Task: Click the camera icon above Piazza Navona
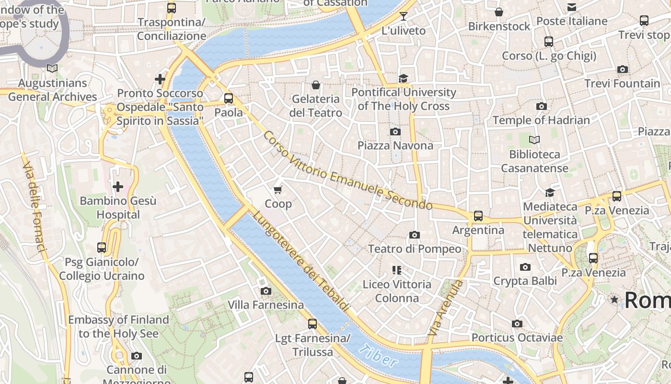395,132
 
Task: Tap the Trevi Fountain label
622,84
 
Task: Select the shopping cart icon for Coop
278,190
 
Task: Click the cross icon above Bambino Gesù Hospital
118,186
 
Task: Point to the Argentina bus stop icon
478,216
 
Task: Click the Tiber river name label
378,356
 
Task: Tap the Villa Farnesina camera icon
266,291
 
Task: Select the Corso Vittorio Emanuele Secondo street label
347,171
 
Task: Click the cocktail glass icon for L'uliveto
403,16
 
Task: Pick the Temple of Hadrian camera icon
541,106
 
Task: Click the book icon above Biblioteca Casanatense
534,140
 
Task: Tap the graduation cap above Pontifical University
404,78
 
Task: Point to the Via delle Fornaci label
35,206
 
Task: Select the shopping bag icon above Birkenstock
499,12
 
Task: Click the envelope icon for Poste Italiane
572,7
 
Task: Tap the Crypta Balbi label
525,281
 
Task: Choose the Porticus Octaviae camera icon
517,324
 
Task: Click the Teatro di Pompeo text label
415,249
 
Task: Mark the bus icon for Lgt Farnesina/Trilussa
312,324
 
